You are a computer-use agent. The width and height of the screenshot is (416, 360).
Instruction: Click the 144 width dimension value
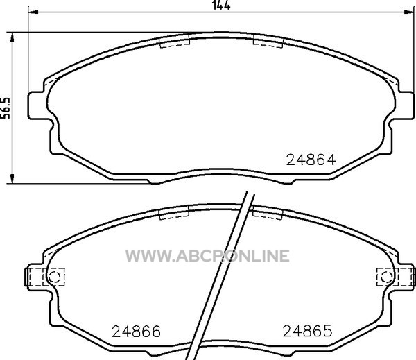tap(221, 5)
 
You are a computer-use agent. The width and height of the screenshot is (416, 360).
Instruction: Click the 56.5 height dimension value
tap(5, 108)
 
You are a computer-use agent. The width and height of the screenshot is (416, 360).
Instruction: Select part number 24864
tap(311, 160)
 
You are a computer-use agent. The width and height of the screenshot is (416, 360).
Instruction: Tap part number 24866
tap(136, 331)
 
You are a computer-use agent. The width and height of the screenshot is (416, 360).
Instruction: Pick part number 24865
tap(307, 331)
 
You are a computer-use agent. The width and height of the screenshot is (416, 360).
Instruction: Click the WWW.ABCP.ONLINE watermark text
tap(207, 256)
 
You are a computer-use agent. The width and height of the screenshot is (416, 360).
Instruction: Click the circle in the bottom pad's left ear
tap(54, 277)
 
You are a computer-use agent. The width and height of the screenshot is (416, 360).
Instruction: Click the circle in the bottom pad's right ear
tap(386, 277)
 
